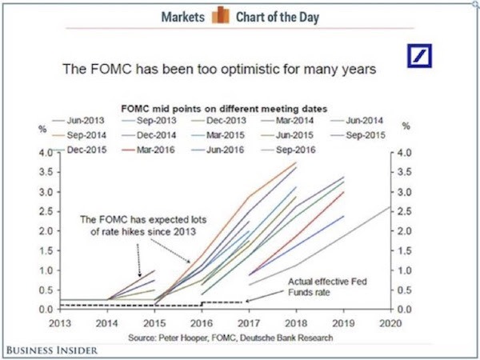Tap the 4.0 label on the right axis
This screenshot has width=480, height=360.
coord(404,152)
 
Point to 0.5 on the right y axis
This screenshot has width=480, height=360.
coord(404,290)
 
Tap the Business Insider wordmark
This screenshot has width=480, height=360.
coord(50,349)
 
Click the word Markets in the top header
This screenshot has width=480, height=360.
coord(182,17)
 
